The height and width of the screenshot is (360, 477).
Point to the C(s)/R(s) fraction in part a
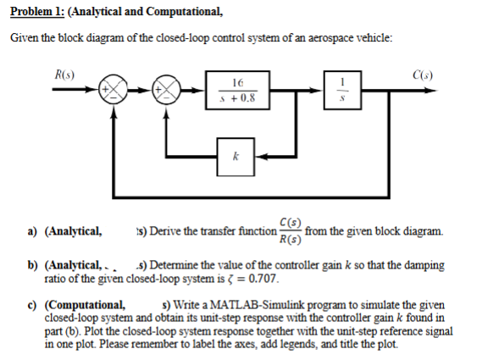pyautogui.click(x=289, y=231)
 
